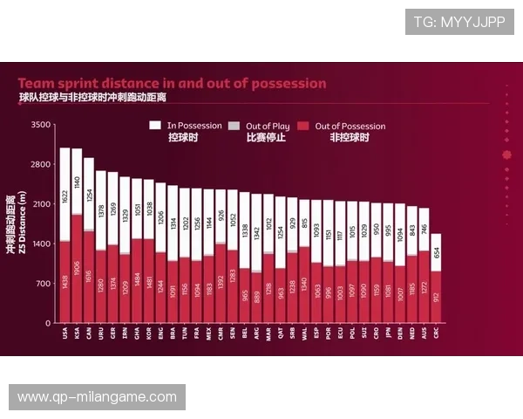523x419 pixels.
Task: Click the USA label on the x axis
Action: coord(65,333)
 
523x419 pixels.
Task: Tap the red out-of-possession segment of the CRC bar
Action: coord(436,297)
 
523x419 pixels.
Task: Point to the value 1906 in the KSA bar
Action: coord(77,269)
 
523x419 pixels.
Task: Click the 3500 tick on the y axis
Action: coord(41,125)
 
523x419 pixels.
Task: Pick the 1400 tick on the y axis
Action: coord(41,244)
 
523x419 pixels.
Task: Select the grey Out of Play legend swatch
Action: coord(234,126)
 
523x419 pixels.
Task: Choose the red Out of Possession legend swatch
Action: coord(304,126)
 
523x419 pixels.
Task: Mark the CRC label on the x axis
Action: coord(436,333)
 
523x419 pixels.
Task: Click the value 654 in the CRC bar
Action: coord(436,252)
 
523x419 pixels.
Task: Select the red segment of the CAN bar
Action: coord(89,277)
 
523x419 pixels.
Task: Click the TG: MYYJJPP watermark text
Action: coord(459,22)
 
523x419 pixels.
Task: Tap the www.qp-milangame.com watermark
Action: coord(97,397)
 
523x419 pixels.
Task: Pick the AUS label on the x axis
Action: coord(424,333)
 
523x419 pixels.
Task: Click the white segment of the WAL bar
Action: coord(303,223)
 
